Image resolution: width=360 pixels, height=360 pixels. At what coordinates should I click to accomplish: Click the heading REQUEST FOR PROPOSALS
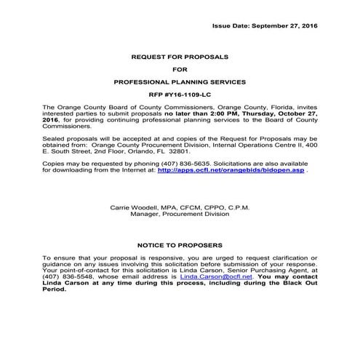point(180,56)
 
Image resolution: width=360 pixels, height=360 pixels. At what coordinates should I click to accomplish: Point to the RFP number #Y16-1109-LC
point(180,96)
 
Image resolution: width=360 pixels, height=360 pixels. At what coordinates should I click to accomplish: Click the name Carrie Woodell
point(131,208)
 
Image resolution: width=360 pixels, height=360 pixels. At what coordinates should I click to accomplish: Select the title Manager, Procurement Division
point(180,215)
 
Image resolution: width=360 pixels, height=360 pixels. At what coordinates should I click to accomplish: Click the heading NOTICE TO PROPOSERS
point(180,246)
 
